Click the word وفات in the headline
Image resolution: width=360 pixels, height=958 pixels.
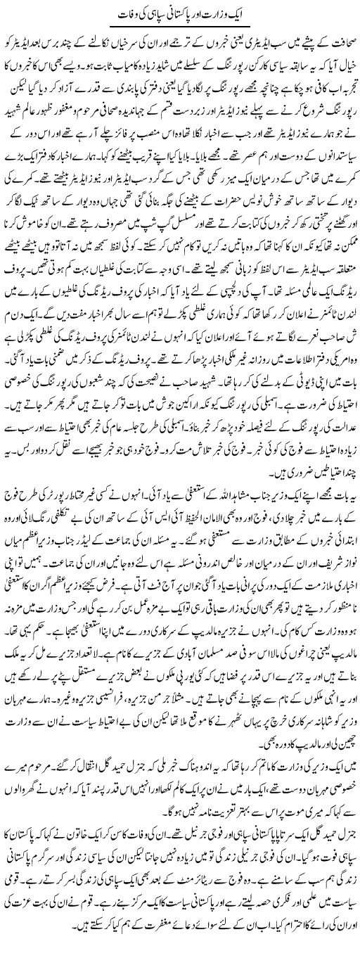(126, 13)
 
